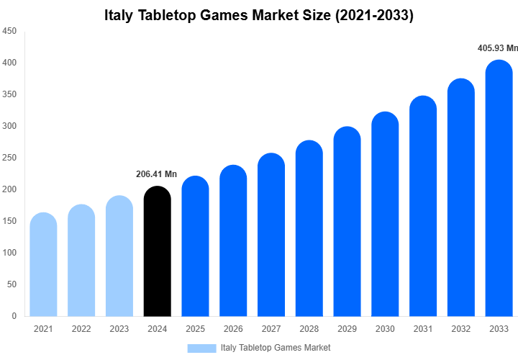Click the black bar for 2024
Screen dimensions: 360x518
[x=158, y=251]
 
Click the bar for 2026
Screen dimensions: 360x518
[x=233, y=240]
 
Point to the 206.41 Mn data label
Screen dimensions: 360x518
[x=156, y=174]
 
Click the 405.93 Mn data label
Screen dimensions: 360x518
[x=498, y=48]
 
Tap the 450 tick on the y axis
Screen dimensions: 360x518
[x=10, y=32]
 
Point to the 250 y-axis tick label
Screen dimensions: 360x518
[x=10, y=158]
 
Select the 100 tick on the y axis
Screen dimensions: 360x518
[x=10, y=253]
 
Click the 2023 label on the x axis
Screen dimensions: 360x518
[x=119, y=329]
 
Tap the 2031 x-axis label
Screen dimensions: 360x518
[x=423, y=329]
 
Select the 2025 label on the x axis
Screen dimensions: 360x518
[x=195, y=329]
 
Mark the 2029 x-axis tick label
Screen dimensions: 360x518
[x=347, y=329]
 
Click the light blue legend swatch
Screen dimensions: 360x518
[x=201, y=348]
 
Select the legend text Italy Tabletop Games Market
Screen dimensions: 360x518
[x=276, y=348]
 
